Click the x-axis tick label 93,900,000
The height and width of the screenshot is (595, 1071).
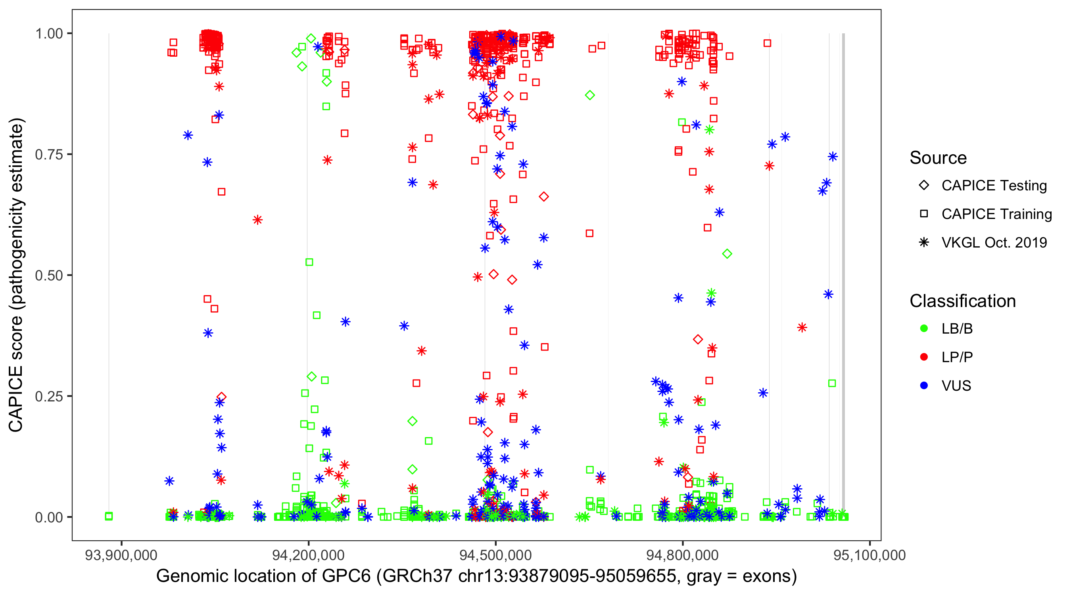click(x=121, y=555)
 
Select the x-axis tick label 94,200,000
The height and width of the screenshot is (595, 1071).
click(x=308, y=555)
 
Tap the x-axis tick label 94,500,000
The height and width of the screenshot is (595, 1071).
click(x=495, y=555)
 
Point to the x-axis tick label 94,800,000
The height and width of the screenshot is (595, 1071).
click(x=682, y=555)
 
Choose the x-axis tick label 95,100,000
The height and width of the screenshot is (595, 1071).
click(x=869, y=555)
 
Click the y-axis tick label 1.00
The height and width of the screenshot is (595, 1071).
click(x=49, y=34)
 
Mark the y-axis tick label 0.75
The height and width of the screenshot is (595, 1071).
click(x=49, y=155)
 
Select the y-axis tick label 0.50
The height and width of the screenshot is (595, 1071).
click(x=49, y=275)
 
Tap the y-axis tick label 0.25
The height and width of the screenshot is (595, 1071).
click(x=49, y=396)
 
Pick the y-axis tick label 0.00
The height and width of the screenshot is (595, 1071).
click(x=49, y=517)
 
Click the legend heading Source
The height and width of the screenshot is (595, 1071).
click(x=938, y=158)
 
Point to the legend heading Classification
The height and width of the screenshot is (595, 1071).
click(x=962, y=301)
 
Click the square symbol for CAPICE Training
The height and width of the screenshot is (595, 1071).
click(x=924, y=214)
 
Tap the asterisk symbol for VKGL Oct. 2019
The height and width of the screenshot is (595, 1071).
click(x=924, y=242)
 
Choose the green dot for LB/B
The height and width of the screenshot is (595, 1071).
click(x=924, y=328)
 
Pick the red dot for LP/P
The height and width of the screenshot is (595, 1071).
click(x=924, y=357)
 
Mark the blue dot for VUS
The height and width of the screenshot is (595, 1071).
click(x=924, y=386)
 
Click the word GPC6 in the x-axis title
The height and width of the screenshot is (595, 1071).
click(x=346, y=576)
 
